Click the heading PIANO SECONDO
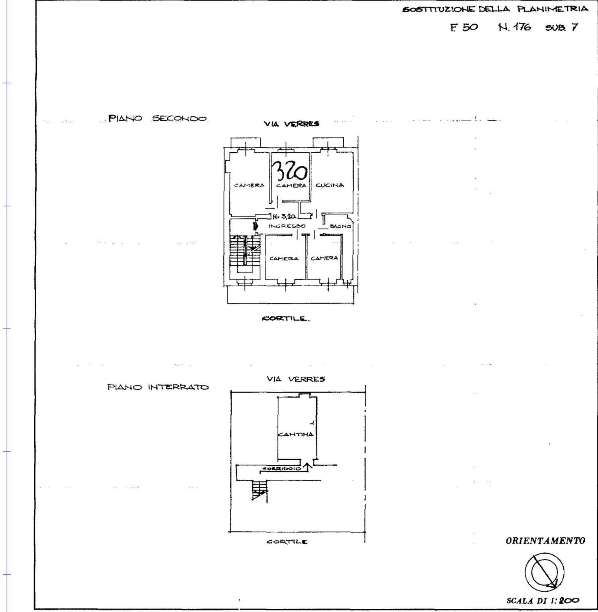pos(158,119)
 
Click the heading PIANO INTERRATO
pos(158,387)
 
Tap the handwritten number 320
pos(290,172)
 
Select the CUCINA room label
pos(330,185)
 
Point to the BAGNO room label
pos(340,226)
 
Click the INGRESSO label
pos(287,226)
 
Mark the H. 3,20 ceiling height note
pos(284,216)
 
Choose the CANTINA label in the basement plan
pos(296,434)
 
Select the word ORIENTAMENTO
pos(545,541)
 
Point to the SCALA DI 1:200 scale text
pos(543,600)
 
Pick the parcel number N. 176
pos(515,27)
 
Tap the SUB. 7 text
pos(561,28)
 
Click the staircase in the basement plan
pos(259,490)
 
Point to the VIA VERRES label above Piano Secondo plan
pos(291,124)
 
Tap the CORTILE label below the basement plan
pos(287,542)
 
